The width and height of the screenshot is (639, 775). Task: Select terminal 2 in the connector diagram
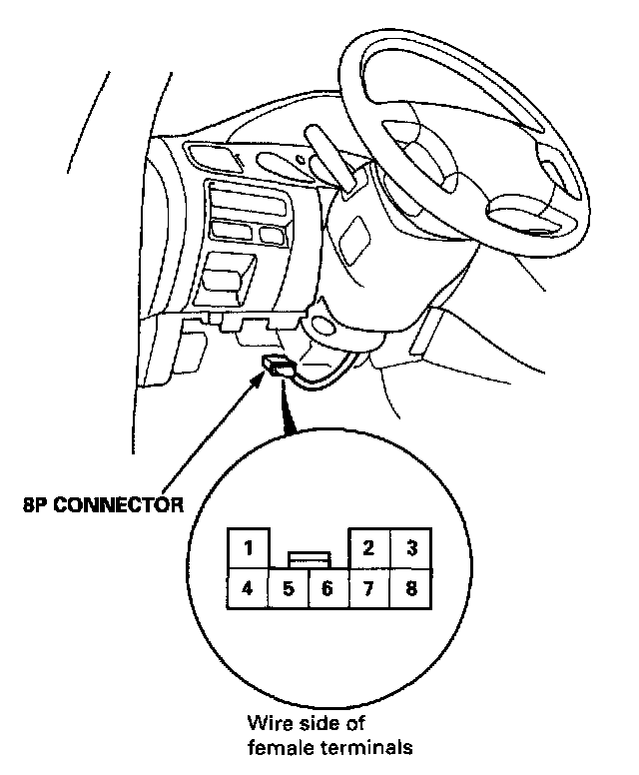(368, 547)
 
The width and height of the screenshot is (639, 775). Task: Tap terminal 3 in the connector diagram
(409, 547)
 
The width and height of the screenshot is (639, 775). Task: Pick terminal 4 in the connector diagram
(249, 588)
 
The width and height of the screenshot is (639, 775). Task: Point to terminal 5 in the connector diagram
(289, 588)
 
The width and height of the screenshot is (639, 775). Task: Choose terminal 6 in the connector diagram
(327, 588)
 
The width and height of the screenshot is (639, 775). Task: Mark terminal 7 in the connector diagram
(368, 588)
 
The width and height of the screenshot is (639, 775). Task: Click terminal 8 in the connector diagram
(409, 588)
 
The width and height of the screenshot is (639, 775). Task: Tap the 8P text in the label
(35, 504)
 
